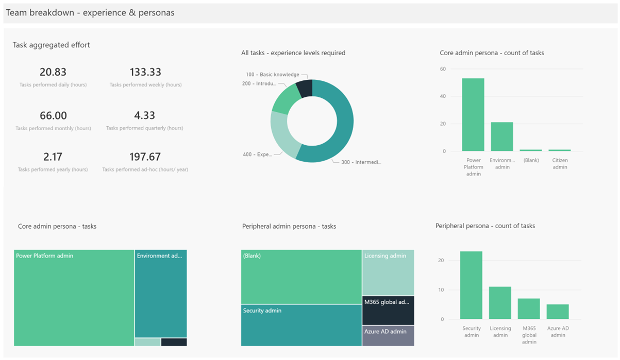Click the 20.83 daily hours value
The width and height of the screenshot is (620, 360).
click(x=53, y=72)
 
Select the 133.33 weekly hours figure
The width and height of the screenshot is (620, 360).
click(x=146, y=72)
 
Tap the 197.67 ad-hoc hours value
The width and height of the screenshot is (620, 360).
click(x=145, y=157)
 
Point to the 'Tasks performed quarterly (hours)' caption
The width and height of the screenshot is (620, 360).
click(x=145, y=128)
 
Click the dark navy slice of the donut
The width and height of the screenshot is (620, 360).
click(x=305, y=88)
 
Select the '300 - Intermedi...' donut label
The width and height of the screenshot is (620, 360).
click(x=361, y=162)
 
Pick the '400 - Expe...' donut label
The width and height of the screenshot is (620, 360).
click(x=257, y=154)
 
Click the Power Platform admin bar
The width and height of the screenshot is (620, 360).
click(x=473, y=114)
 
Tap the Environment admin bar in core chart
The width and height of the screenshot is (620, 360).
click(x=501, y=136)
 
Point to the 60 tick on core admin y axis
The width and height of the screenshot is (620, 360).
click(x=443, y=69)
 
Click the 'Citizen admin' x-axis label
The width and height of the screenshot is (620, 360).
click(x=560, y=164)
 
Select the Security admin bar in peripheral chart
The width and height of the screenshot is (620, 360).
click(x=471, y=285)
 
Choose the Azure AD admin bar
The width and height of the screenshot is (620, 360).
click(x=558, y=312)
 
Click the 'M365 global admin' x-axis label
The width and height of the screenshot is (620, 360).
click(x=529, y=335)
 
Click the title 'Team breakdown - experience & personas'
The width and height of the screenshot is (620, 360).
click(x=90, y=13)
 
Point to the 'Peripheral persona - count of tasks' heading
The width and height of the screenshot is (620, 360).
click(x=485, y=226)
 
